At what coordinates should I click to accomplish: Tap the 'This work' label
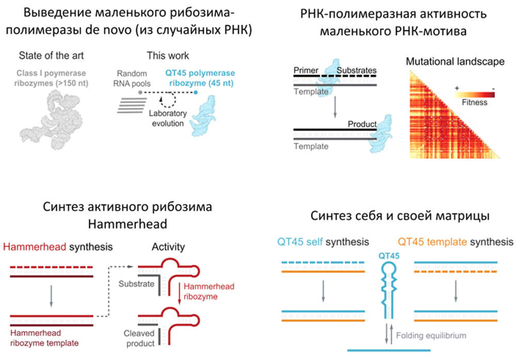(x=168, y=55)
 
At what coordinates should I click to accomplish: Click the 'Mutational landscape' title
(x=455, y=61)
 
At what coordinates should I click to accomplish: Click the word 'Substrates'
(x=357, y=70)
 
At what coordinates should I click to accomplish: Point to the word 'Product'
(x=362, y=124)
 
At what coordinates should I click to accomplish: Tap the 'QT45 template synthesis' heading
(x=454, y=241)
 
